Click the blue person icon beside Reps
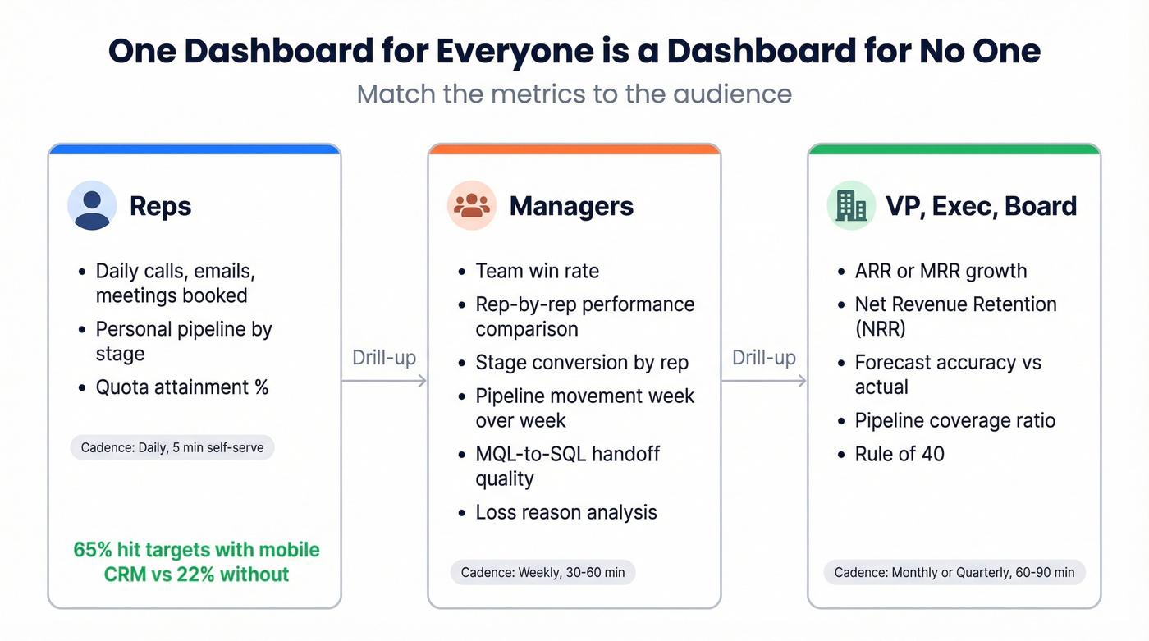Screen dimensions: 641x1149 (92, 205)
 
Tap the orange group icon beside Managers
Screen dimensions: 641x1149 (472, 205)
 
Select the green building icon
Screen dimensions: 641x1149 (851, 205)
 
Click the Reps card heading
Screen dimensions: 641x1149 (160, 206)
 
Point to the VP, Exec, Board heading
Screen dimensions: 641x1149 (981, 206)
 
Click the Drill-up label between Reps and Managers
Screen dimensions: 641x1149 (384, 358)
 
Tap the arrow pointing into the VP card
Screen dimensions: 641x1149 (764, 380)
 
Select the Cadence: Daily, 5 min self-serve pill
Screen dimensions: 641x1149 (172, 447)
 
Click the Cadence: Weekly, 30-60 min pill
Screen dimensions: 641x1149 (542, 572)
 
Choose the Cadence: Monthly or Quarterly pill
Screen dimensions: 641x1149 (954, 572)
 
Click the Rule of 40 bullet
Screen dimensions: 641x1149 (900, 454)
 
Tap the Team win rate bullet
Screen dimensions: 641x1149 (537, 271)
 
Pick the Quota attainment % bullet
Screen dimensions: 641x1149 (182, 387)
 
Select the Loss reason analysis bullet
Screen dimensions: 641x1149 (566, 512)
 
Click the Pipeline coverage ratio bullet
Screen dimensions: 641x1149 (954, 420)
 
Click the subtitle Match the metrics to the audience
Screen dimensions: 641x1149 (574, 94)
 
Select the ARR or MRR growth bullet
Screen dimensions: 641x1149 (941, 271)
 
